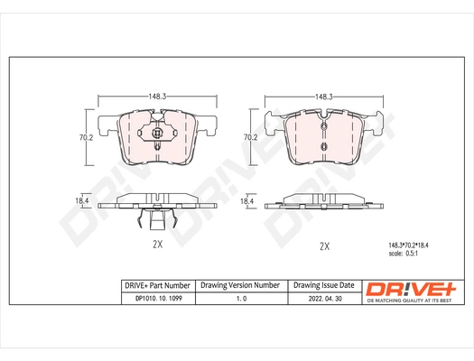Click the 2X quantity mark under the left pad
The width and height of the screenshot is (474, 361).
click(x=157, y=245)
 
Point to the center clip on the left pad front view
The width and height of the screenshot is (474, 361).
click(x=157, y=137)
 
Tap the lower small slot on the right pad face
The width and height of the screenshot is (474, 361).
click(x=323, y=145)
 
